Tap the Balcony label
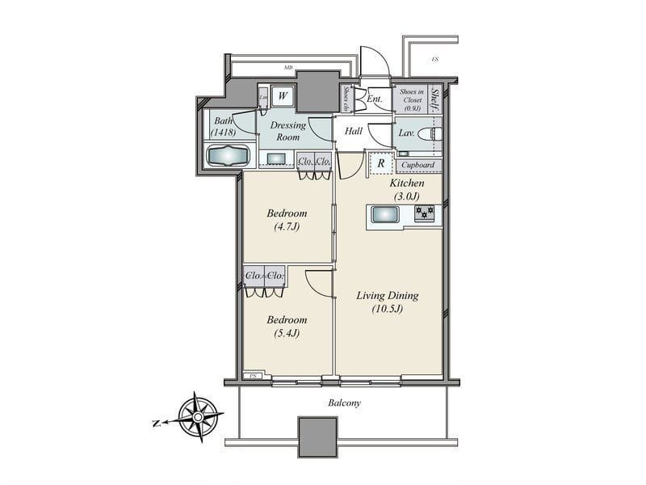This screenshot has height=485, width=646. (x=344, y=402)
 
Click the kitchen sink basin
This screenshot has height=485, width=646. (x=384, y=214)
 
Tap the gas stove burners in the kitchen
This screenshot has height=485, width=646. (x=425, y=213)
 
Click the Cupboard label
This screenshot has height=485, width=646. (x=418, y=165)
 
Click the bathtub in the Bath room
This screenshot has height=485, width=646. (x=228, y=154)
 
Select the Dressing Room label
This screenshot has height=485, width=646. (x=288, y=131)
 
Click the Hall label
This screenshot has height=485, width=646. (x=354, y=130)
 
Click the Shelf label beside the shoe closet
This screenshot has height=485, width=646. (x=435, y=98)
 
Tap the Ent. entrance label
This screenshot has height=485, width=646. (x=375, y=99)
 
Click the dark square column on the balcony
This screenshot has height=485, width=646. (x=317, y=436)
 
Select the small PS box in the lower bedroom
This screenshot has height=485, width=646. (x=253, y=376)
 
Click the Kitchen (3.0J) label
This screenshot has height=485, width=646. (x=407, y=189)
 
